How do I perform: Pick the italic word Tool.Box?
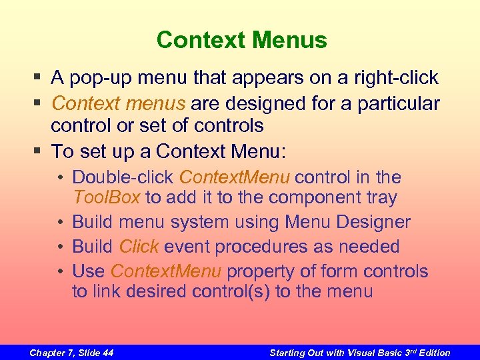(x=107, y=198)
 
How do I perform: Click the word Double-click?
(x=124, y=177)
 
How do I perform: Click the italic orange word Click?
(x=139, y=247)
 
